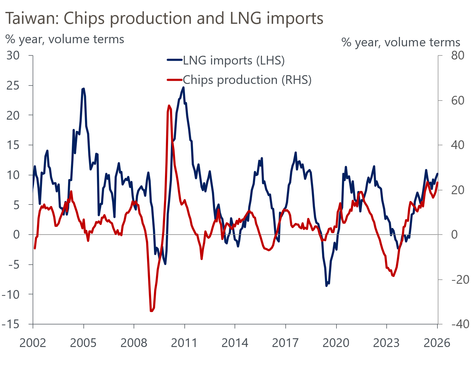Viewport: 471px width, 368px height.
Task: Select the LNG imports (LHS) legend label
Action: (234, 60)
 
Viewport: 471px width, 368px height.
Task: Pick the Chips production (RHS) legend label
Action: (247, 80)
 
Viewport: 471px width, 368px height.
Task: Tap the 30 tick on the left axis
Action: (13, 55)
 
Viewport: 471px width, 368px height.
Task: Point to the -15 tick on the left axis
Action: (10, 324)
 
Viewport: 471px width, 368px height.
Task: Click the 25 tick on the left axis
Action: (13, 86)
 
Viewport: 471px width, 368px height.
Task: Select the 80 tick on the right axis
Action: (458, 55)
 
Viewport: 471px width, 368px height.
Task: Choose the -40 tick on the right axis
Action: (460, 324)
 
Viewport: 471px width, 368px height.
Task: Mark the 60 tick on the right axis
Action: (458, 100)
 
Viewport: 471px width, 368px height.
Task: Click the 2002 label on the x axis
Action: (33, 343)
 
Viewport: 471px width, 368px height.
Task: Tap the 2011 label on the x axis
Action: (184, 343)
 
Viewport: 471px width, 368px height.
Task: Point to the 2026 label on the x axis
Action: (437, 343)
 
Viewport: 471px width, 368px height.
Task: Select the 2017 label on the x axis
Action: (285, 343)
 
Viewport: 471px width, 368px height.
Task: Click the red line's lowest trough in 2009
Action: (151, 311)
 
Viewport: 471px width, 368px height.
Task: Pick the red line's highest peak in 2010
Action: (169, 106)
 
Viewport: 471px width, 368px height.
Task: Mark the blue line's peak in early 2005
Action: (83, 89)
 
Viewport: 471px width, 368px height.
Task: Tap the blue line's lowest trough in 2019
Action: (326, 286)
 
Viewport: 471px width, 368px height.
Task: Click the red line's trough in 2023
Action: (393, 276)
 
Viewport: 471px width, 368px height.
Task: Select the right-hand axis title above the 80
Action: (400, 42)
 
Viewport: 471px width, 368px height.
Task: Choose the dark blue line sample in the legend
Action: (174, 60)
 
